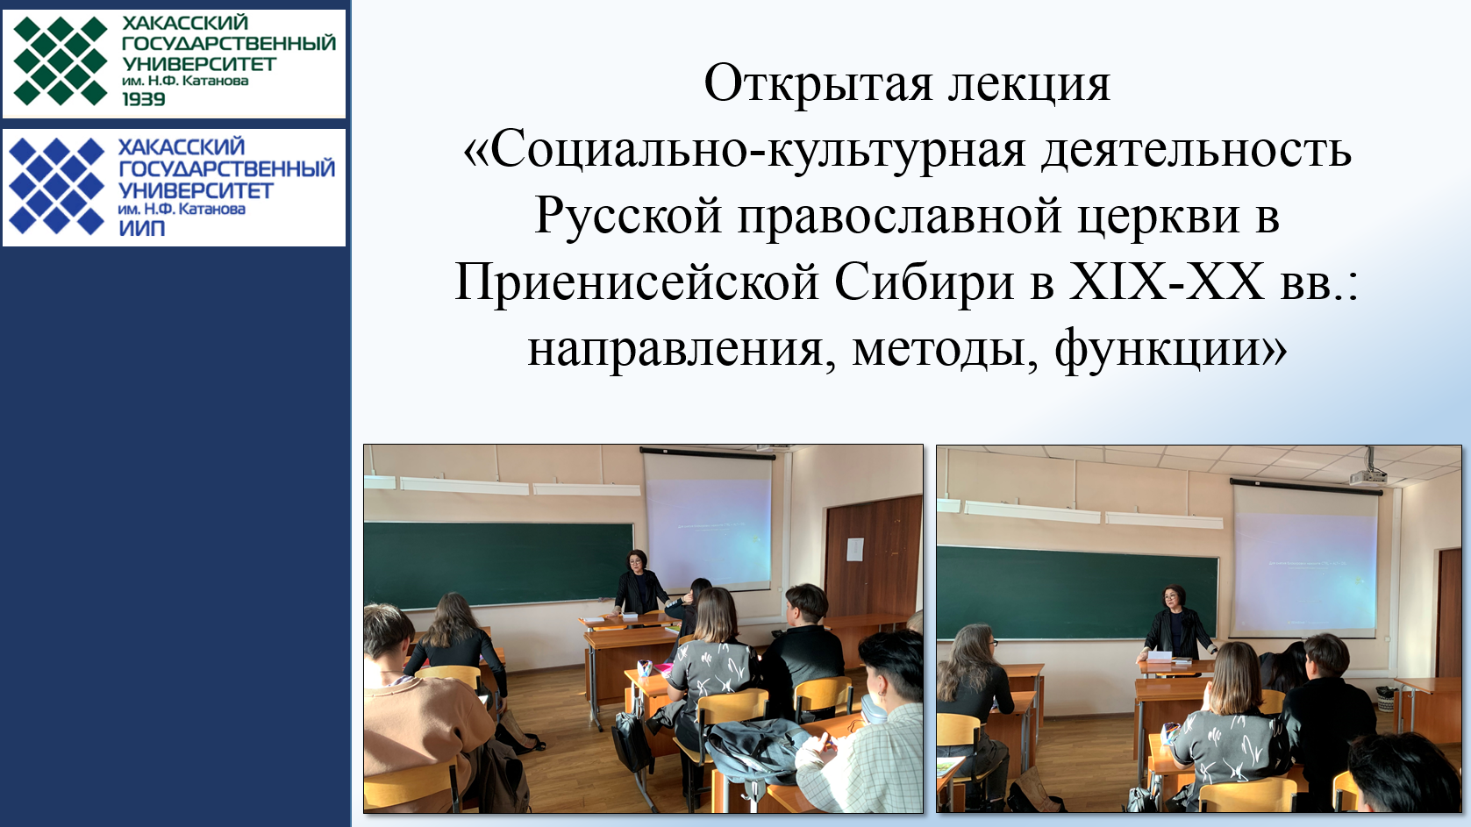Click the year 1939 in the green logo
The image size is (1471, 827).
tap(143, 99)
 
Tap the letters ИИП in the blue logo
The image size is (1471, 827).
tap(142, 228)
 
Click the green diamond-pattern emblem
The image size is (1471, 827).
tap(61, 61)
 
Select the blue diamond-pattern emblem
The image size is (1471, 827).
tap(57, 186)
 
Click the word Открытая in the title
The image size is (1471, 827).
tap(818, 85)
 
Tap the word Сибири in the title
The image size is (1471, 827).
tap(924, 282)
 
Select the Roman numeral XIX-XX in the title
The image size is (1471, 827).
tap(1167, 282)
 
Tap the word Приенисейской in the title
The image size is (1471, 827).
tap(637, 283)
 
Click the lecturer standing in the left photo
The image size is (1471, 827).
tap(639, 583)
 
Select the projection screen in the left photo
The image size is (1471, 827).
tap(708, 522)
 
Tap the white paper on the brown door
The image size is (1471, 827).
tap(855, 549)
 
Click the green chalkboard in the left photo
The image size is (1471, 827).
tap(498, 565)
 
